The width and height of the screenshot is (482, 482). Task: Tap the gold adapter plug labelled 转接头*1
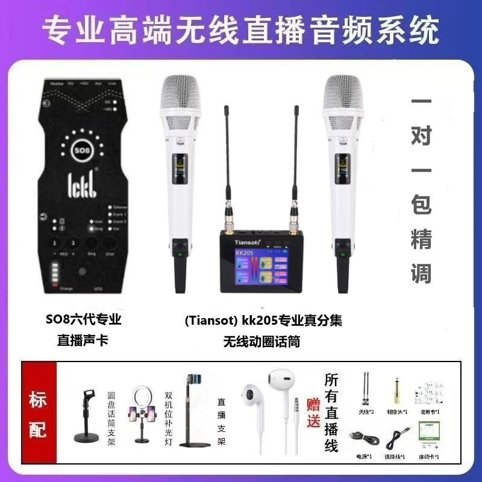click(x=397, y=386)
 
